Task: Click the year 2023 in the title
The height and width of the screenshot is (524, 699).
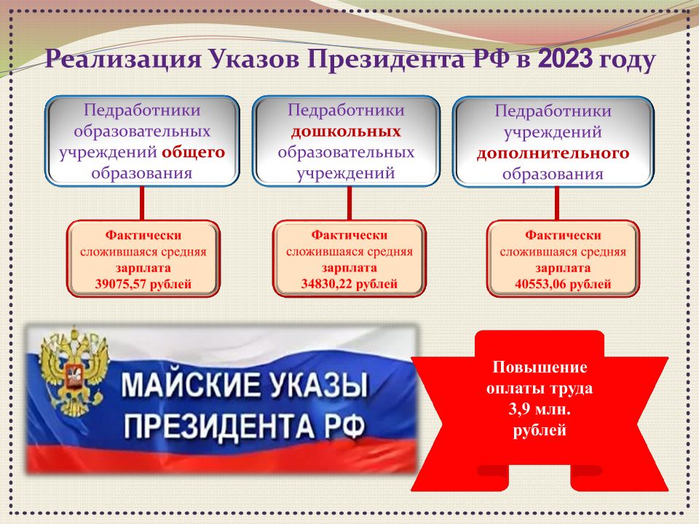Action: click(565, 59)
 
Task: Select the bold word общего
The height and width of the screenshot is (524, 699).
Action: click(194, 152)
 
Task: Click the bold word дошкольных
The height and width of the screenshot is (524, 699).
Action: click(346, 132)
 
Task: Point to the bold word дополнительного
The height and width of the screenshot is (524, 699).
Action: click(553, 153)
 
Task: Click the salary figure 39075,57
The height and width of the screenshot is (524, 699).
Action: click(121, 284)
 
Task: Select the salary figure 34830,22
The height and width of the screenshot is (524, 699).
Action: click(327, 283)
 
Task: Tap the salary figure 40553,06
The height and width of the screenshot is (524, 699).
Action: click(540, 284)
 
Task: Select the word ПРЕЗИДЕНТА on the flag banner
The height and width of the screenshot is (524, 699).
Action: click(219, 426)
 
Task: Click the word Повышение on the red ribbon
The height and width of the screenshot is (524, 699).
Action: click(540, 367)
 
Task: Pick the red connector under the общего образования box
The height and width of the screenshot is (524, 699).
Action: click(142, 203)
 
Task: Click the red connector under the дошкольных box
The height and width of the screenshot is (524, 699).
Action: click(349, 203)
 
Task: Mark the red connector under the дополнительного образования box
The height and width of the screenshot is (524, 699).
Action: click(557, 203)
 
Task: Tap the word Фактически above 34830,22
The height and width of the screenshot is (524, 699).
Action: click(349, 234)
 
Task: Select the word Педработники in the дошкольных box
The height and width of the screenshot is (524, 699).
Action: click(346, 111)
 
